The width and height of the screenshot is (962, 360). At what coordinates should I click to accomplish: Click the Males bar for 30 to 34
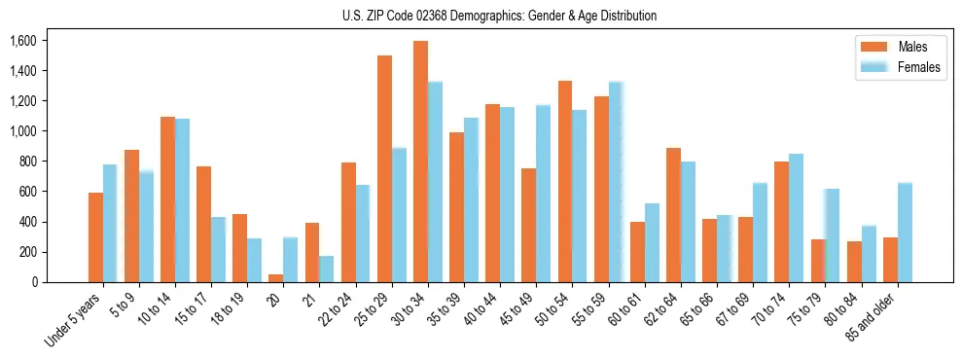420,162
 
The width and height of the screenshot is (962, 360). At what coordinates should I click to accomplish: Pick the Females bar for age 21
327,270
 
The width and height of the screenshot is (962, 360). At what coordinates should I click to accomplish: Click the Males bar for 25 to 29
384,168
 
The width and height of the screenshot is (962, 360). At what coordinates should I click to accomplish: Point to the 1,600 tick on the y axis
21,41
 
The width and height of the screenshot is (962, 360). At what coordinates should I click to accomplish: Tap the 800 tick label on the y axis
26,162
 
